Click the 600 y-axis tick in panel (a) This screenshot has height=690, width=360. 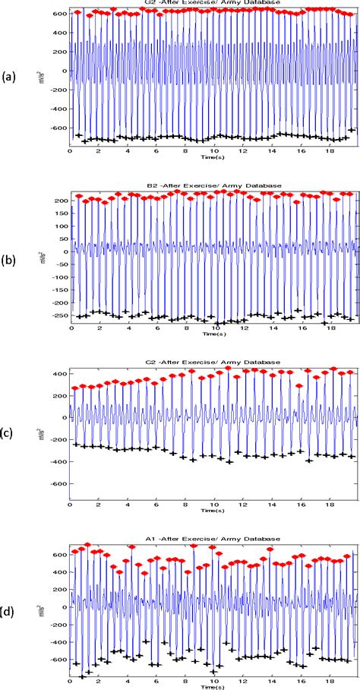[59, 14]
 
